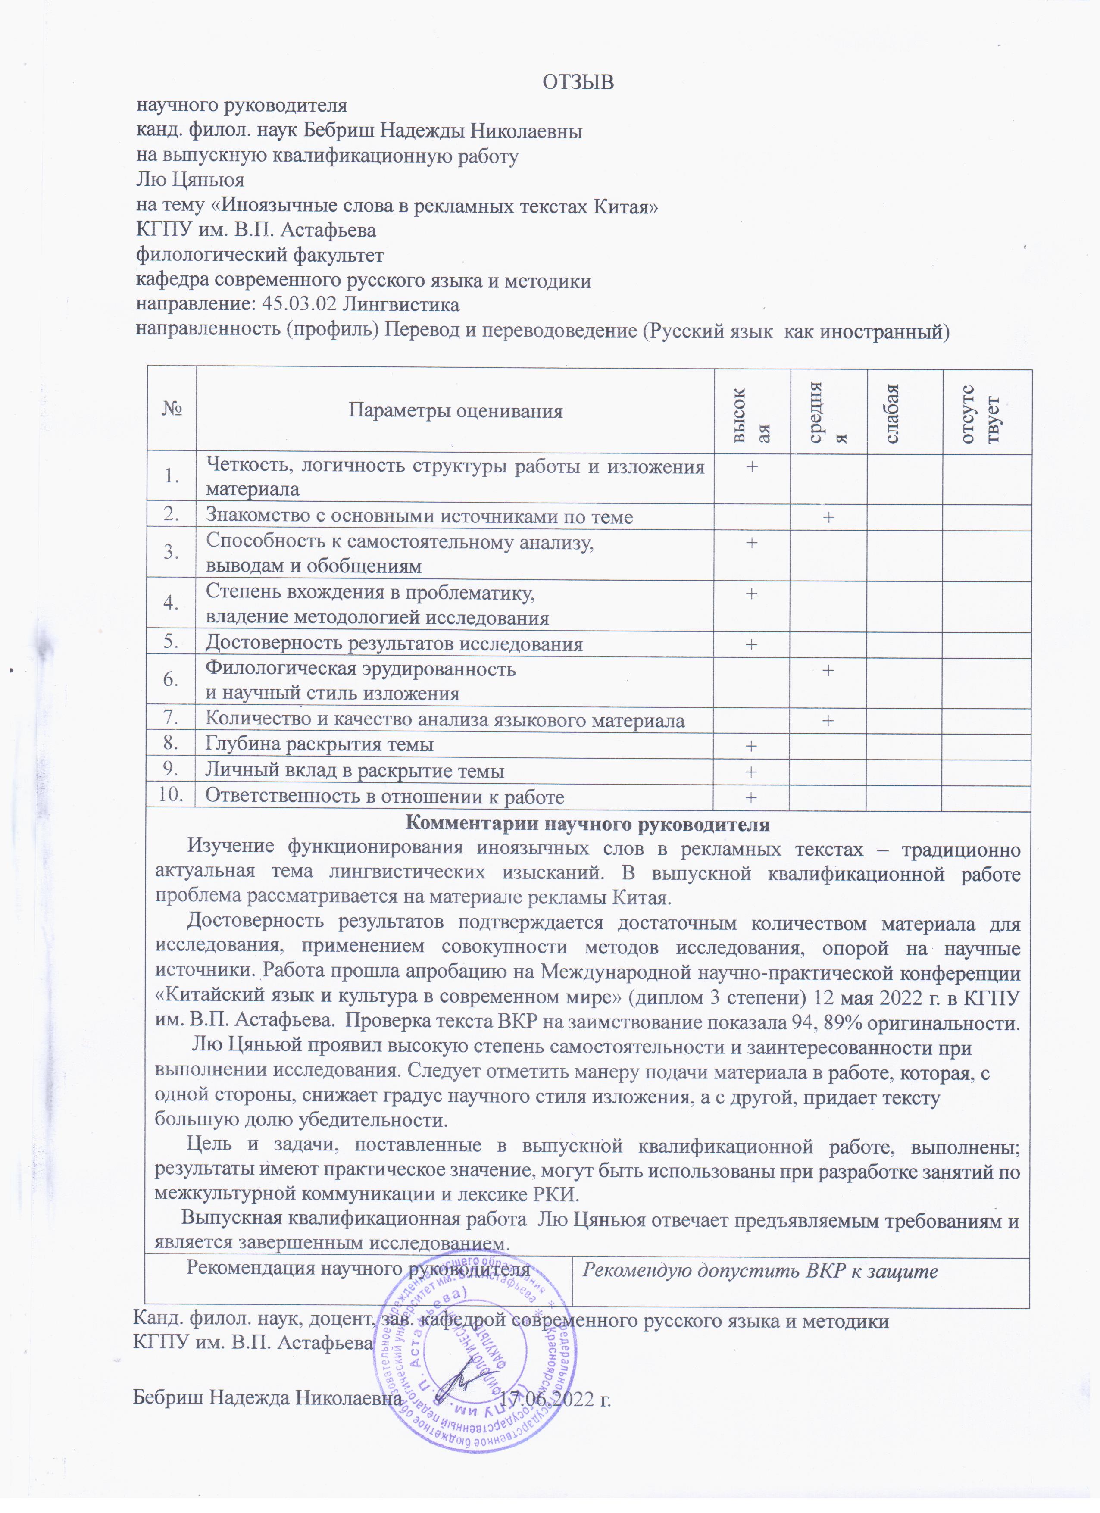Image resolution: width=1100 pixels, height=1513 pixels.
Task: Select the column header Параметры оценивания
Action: tap(456, 411)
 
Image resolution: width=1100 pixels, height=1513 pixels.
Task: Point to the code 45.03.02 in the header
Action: tap(299, 305)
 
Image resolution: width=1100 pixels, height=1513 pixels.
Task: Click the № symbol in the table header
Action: tap(172, 408)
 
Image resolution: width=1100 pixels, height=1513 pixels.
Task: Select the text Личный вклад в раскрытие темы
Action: tap(354, 771)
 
